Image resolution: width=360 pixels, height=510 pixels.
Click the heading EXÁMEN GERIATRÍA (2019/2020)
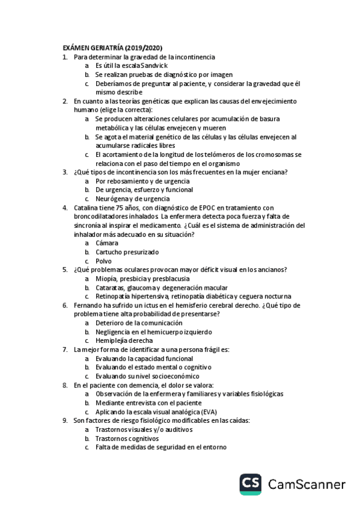tap(112, 48)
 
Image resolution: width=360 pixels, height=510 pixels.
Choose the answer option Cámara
tap(107, 243)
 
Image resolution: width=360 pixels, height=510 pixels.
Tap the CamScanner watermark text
tap(307, 485)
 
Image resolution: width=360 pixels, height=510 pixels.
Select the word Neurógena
tap(112, 198)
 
